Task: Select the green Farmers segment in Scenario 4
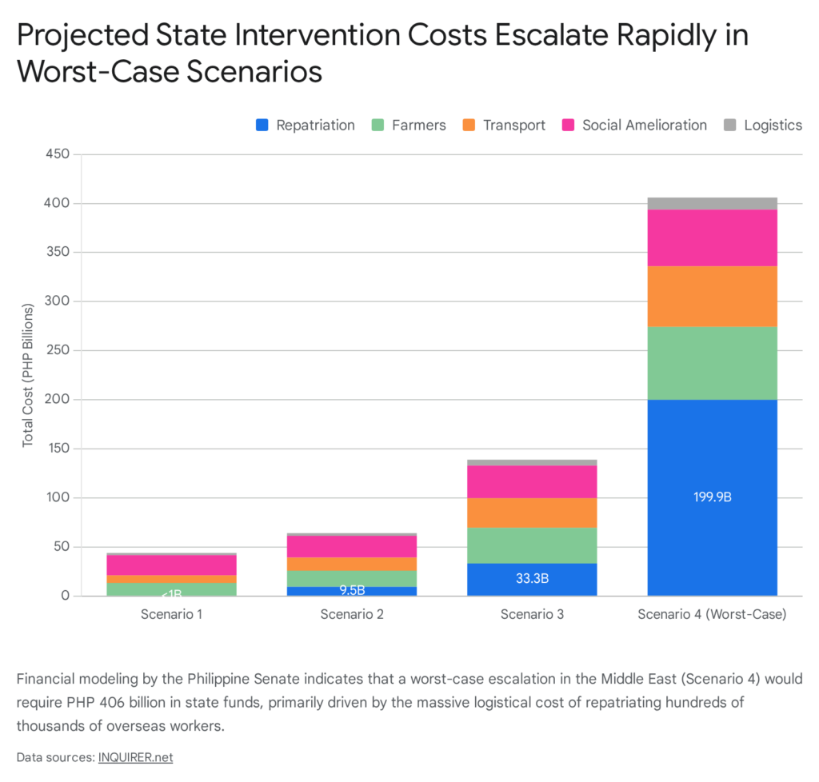tap(712, 363)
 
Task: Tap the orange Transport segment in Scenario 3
tap(532, 512)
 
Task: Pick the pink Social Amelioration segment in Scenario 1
tap(171, 565)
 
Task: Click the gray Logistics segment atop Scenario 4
tap(712, 203)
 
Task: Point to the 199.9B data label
tap(712, 497)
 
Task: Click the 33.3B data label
tap(532, 578)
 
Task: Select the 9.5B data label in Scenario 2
tap(351, 590)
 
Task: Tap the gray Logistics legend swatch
tap(729, 125)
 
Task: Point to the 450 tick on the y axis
tap(60, 154)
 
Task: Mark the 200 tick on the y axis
tap(60, 400)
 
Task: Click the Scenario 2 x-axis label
tap(351, 614)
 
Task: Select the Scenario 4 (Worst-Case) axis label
tap(712, 614)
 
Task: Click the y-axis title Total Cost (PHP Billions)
tap(28, 375)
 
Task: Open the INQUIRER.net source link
tap(135, 756)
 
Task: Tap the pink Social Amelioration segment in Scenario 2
tap(351, 546)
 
